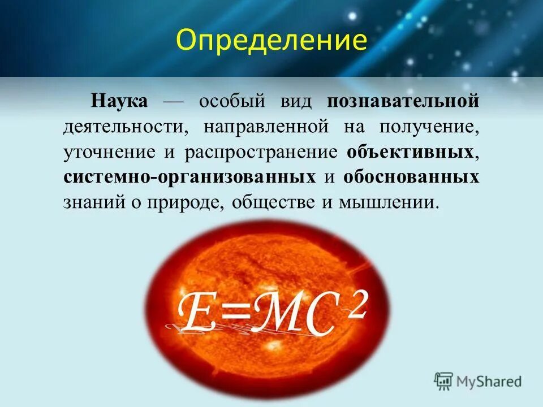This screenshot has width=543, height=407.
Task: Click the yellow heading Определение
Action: pyautogui.click(x=271, y=40)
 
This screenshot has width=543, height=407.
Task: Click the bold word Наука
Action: pyautogui.click(x=119, y=102)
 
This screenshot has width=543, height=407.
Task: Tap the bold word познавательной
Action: pyautogui.click(x=402, y=102)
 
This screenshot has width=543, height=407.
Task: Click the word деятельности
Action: pyautogui.click(x=125, y=127)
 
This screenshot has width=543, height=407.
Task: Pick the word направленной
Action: pyautogui.click(x=266, y=127)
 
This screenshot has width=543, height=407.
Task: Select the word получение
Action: pyautogui.click(x=429, y=127)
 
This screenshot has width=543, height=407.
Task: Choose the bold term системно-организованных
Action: pyautogui.click(x=189, y=177)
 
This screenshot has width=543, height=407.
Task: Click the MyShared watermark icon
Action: pyautogui.click(x=444, y=380)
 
